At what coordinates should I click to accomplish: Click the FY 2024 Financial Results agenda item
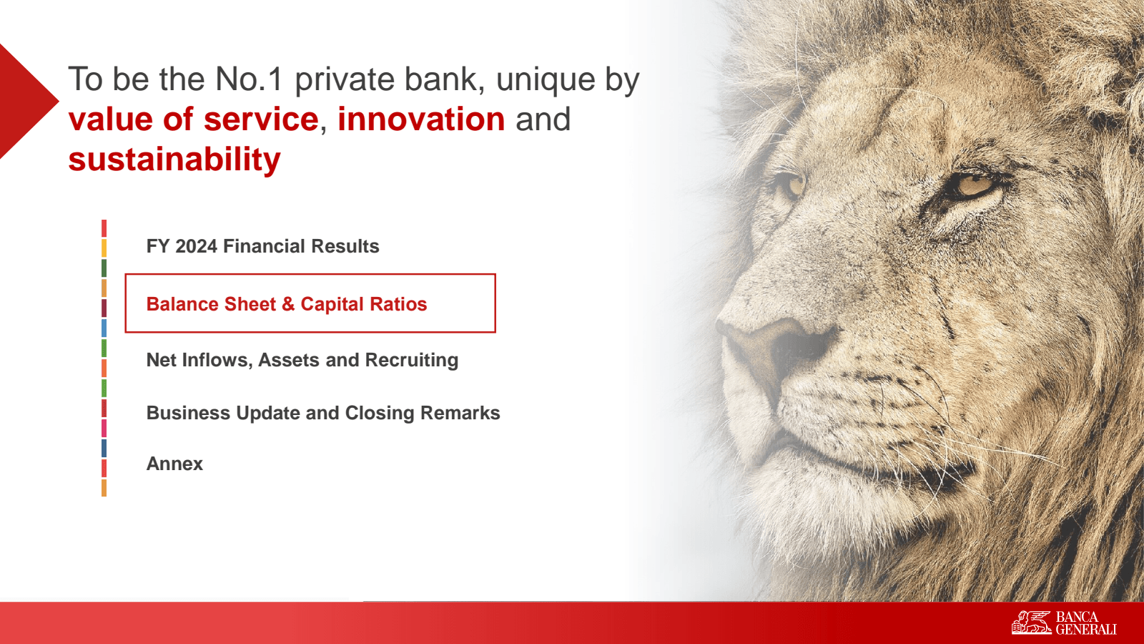262,246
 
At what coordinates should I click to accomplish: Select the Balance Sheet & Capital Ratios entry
287,304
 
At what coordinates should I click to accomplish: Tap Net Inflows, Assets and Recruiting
302,361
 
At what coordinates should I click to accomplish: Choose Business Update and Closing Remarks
322,413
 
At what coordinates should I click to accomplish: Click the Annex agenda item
174,464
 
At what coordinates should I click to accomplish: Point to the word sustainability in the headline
174,160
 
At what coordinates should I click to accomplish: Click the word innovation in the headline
421,119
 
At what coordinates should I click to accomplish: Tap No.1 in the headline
248,79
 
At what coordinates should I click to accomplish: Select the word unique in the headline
545,82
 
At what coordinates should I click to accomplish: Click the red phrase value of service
194,119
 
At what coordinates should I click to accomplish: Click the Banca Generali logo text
1086,623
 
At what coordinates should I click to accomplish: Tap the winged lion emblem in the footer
1031,623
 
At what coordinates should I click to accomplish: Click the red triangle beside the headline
26,101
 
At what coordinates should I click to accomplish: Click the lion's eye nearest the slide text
791,185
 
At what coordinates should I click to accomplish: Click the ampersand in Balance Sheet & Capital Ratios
288,304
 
